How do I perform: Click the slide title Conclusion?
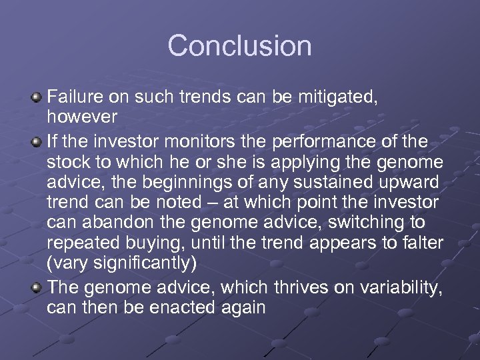(x=239, y=46)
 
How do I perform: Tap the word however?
(x=82, y=117)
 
